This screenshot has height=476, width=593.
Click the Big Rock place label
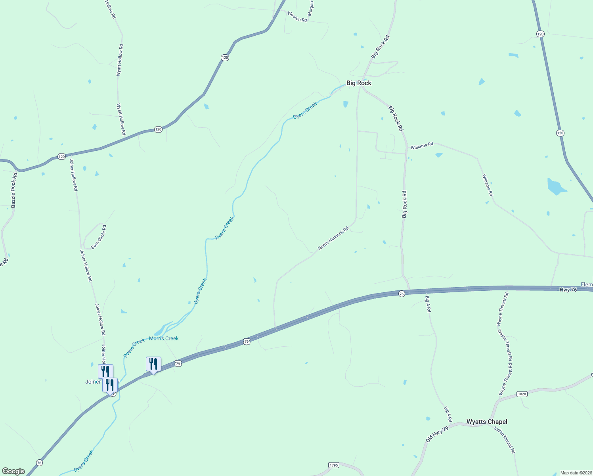359,83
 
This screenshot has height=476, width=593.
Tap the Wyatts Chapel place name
487,422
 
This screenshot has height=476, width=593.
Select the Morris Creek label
164,338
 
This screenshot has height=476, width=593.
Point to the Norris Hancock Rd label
333,238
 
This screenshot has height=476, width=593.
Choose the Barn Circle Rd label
99,237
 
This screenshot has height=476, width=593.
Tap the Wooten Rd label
297,17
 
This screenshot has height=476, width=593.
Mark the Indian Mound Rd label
505,440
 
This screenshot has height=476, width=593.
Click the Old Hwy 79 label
437,434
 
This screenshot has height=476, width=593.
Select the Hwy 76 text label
568,290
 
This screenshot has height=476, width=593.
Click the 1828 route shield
522,394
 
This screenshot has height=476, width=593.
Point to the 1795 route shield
334,465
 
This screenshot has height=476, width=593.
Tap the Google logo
13,471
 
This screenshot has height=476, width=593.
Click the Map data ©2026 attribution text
576,473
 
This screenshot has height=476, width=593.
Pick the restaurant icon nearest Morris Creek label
153,364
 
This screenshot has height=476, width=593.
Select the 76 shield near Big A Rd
402,294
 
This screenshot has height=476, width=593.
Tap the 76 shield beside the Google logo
39,463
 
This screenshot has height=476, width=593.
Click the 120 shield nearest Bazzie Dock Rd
61,156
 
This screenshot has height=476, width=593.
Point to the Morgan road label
311,8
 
